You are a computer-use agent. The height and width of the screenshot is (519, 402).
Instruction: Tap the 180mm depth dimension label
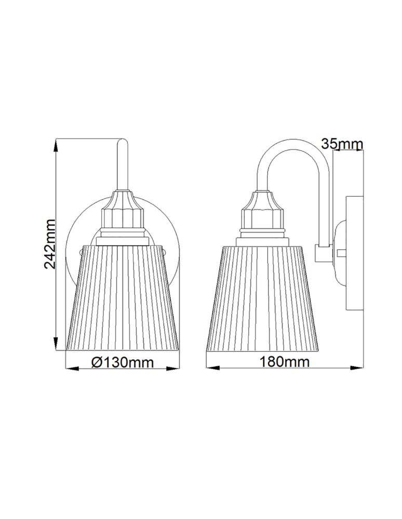285,362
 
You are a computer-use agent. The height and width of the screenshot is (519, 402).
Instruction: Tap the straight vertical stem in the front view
122,166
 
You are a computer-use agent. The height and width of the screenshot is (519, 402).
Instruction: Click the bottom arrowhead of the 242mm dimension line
56,344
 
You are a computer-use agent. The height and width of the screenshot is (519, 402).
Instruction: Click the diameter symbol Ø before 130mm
96,363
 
